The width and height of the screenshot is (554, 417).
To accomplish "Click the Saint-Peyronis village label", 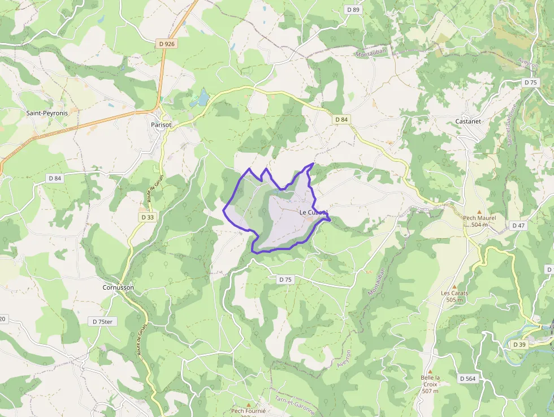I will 47,113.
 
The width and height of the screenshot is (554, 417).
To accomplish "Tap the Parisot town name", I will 161,124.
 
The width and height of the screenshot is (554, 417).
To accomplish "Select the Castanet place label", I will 468,121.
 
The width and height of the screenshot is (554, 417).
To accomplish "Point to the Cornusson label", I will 118,287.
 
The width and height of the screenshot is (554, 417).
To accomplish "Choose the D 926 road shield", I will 166,44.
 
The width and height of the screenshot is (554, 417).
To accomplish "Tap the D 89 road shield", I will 353,10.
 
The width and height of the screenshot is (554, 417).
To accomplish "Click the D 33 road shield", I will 148,217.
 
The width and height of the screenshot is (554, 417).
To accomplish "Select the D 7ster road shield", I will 103,321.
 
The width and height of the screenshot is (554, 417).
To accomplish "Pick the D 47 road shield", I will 518,225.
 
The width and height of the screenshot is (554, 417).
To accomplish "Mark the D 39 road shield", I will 520,344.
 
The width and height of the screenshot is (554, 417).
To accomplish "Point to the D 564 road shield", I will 467,378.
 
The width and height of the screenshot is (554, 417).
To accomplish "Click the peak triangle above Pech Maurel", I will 479,212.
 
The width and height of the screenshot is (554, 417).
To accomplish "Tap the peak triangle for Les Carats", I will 454,287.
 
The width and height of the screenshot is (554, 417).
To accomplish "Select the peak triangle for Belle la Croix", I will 430,372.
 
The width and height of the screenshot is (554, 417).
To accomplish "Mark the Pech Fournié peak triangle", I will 248,405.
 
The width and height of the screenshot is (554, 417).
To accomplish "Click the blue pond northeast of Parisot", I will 201,98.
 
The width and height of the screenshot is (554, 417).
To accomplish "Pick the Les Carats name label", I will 454,293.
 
